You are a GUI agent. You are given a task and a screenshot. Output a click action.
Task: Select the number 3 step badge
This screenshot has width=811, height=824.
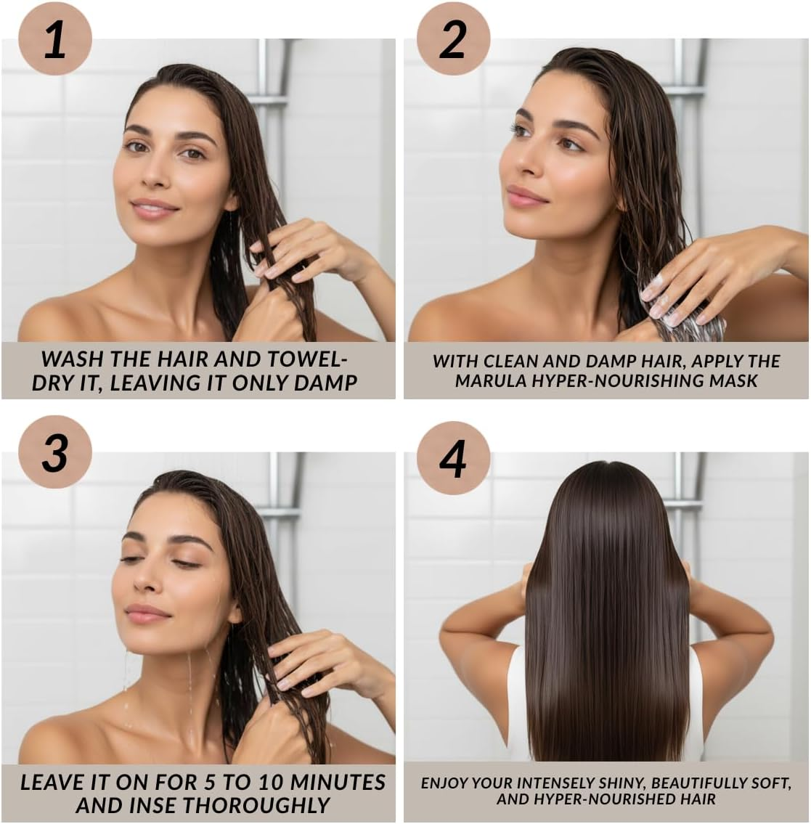point(54,452)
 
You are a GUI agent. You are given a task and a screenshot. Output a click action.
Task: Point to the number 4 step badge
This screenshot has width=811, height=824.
point(453,458)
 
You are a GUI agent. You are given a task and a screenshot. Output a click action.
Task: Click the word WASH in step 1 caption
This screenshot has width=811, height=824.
point(72,359)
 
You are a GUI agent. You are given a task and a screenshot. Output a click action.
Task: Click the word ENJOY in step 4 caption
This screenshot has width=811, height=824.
point(444,783)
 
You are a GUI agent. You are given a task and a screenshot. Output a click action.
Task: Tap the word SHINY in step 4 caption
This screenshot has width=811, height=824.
point(619,783)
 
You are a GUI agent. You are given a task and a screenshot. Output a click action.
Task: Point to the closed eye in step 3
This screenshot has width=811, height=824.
point(186,564)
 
